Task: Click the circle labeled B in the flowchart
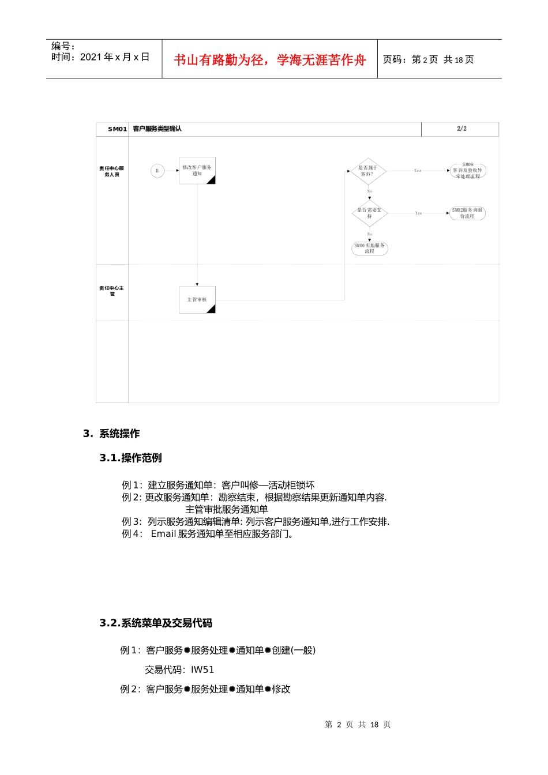click(157, 171)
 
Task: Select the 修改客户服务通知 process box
click(197, 171)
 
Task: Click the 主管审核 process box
click(197, 300)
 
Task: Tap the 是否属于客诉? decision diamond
click(369, 171)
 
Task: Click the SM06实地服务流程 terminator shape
click(369, 249)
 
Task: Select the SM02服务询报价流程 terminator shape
click(467, 213)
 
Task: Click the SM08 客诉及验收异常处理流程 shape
click(467, 171)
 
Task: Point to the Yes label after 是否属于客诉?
click(418, 171)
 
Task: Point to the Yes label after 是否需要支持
click(418, 213)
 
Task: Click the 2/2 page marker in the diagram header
click(461, 129)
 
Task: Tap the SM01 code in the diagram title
click(117, 129)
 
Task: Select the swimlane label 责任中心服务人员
click(111, 171)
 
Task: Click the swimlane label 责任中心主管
click(111, 291)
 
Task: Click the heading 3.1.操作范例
click(130, 458)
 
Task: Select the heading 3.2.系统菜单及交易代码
click(156, 623)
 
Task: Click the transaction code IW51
click(202, 669)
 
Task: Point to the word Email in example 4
click(163, 534)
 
